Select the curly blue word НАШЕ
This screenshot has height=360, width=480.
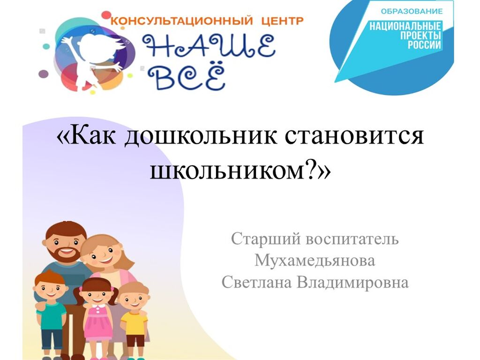(x=209, y=46)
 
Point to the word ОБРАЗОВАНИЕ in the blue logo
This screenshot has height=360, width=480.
(x=412, y=12)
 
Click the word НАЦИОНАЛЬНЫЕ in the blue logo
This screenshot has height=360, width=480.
(x=405, y=26)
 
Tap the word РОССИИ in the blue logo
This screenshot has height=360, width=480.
(x=424, y=45)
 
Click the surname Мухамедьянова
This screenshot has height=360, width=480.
(x=315, y=261)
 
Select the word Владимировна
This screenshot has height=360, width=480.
(x=352, y=283)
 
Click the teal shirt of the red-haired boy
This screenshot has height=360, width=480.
(x=51, y=315)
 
